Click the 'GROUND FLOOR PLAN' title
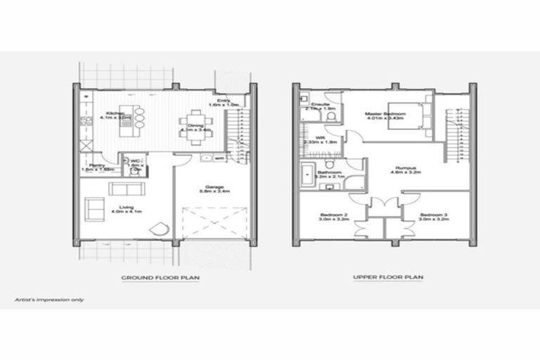pyautogui.click(x=160, y=278)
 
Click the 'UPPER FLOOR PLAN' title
pyautogui.click(x=388, y=278)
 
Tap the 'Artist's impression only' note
pyautogui.click(x=50, y=300)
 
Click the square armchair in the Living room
pyautogui.click(x=94, y=209)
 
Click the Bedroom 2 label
pyautogui.click(x=331, y=217)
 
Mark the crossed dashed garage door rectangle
pyautogui.click(x=214, y=224)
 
